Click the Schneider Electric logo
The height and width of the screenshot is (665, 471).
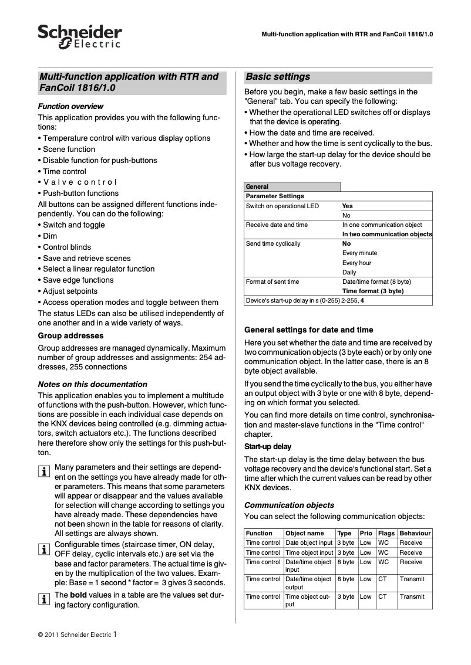pos(80,36)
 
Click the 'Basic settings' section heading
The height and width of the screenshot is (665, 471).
pos(278,77)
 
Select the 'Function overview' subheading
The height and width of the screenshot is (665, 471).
pos(70,106)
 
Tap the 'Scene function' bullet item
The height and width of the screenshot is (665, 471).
pos(69,149)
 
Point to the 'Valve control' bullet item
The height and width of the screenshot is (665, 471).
pos(80,182)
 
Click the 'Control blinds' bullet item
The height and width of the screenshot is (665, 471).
pos(67,247)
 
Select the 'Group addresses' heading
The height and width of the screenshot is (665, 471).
pos(70,336)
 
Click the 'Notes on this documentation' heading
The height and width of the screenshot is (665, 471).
pos(92,384)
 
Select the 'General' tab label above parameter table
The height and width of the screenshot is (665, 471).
pos(257,186)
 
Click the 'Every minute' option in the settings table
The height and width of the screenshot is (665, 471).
pos(359,253)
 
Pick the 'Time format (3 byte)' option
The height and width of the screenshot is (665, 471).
pos(373,291)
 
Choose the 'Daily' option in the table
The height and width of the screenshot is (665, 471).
pos(349,272)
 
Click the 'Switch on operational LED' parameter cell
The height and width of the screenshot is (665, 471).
pos(282,206)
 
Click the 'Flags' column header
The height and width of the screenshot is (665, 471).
pos(386,533)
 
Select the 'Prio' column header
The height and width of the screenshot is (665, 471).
pos(366,533)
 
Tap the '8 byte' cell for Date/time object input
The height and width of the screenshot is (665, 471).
pos(346,562)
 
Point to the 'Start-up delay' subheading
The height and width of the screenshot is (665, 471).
pos(268,446)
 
